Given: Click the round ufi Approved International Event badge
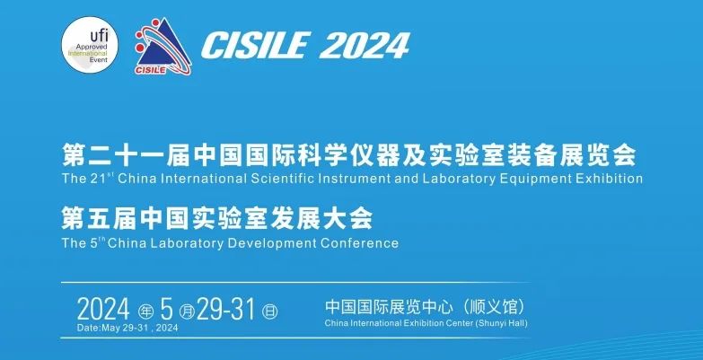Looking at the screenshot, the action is pos(90,44).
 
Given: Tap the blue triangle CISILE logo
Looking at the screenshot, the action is pos(163,46).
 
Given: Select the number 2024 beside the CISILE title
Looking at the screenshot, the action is pos(365,46).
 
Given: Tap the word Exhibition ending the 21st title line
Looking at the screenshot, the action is pos(610,179).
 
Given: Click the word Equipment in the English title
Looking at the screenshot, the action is pos(539,180).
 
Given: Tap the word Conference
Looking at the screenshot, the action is pos(359,243).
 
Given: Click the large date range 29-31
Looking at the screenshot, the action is pos(225,310).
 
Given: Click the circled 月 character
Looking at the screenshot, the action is pos(186,311).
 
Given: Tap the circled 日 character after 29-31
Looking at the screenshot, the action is pos(269,311).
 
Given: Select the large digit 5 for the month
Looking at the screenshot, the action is pos(167,310).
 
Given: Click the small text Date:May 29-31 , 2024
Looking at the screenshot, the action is pos(127,328).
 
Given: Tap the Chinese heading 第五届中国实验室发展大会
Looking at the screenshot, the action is pos(217,219).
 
